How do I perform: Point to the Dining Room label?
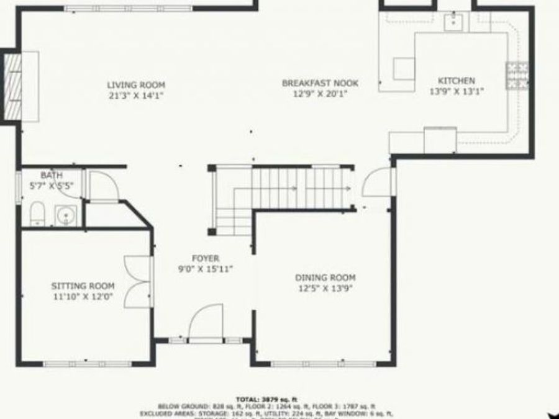click(325, 277)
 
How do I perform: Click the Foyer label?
click(205, 258)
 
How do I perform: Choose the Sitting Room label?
click(83, 286)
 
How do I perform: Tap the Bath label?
click(52, 176)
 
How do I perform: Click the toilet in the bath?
click(37, 213)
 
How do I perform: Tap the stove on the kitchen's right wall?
click(517, 75)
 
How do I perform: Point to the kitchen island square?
click(404, 68)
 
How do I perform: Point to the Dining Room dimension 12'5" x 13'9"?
click(325, 288)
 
